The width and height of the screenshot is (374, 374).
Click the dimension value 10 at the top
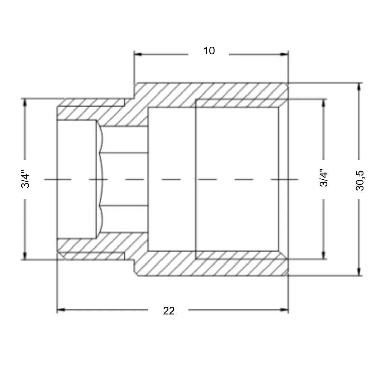pos(209,51)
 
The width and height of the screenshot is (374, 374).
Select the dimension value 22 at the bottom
pos(169,311)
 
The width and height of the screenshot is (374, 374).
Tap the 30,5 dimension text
pos(360,181)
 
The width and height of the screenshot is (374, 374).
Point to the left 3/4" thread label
pos(25,179)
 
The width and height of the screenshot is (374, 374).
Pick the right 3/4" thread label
pos(324,177)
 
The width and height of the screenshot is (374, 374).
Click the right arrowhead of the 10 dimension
pos(284,54)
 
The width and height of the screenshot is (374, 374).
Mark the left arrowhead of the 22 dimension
pos(61,310)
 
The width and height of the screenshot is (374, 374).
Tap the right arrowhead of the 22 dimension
pos(284,310)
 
